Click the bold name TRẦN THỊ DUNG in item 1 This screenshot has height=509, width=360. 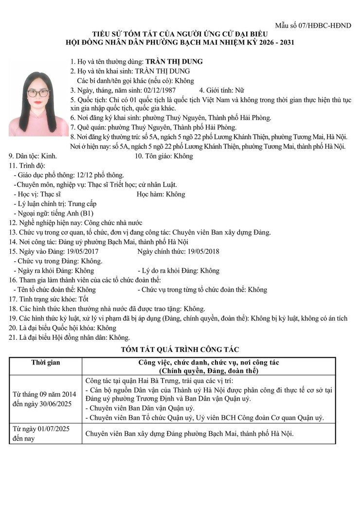point(174,62)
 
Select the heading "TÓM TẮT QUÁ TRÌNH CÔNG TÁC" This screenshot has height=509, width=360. point(180,349)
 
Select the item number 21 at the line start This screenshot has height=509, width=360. point(13,337)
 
